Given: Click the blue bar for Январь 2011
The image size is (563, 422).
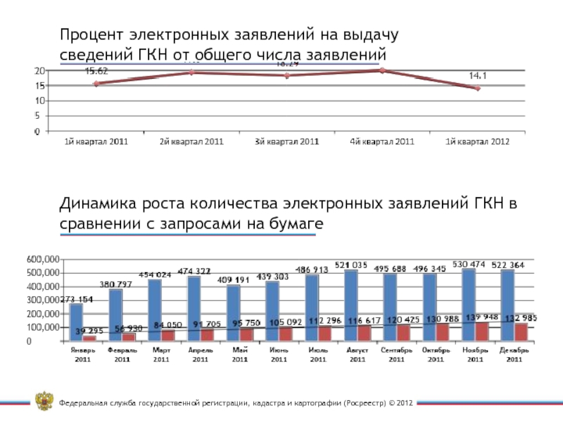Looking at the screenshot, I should (76, 321).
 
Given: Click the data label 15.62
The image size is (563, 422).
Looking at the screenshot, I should (96, 70).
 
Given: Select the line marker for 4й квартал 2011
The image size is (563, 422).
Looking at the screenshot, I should (382, 70).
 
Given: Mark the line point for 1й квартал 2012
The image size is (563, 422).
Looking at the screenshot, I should (477, 88).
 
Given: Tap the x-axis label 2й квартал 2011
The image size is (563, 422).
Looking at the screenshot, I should (191, 141).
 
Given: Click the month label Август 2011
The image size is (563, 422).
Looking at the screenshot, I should (358, 354).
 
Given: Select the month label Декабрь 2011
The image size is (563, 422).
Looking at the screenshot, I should (514, 354).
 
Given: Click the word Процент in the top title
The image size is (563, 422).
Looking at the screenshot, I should (89, 34).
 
